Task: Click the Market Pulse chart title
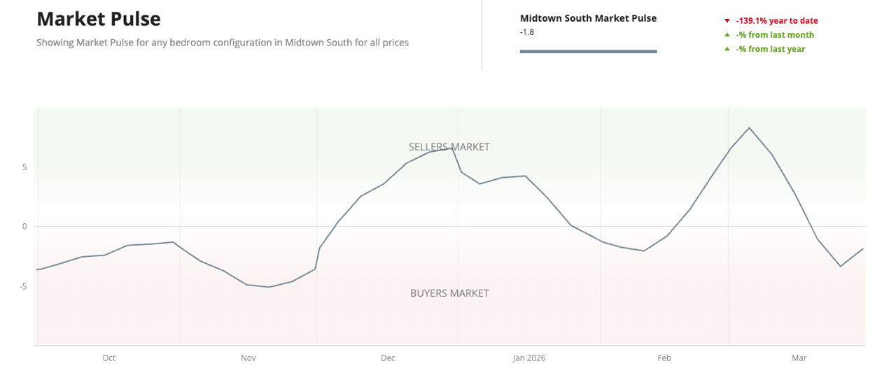(98, 19)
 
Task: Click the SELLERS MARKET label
(449, 147)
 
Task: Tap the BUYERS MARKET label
(449, 293)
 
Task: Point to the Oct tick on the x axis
(108, 358)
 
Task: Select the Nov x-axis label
(248, 358)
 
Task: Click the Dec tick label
(388, 358)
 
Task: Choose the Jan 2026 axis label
(528, 358)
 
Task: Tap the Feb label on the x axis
(664, 358)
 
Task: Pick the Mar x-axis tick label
(799, 358)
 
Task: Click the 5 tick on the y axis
(24, 167)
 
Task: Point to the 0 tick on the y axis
(24, 226)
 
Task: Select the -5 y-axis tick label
(23, 286)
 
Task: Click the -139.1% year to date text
(777, 21)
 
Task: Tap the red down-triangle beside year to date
(727, 21)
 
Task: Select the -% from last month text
(775, 35)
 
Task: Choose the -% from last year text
(771, 49)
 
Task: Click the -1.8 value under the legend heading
(527, 31)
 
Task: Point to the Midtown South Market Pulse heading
(588, 18)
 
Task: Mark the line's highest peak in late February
(749, 128)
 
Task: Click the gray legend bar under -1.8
(588, 51)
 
